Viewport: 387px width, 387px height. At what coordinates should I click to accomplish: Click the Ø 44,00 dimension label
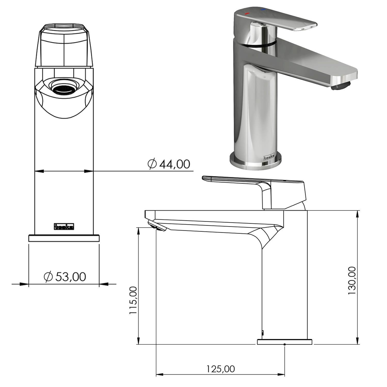click(169, 164)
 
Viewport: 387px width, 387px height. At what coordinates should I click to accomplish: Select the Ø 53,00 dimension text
click(65, 277)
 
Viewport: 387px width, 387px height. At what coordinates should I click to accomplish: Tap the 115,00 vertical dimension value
click(133, 300)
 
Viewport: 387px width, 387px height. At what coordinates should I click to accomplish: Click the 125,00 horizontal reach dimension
click(221, 369)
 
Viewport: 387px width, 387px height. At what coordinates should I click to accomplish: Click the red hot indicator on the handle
click(247, 13)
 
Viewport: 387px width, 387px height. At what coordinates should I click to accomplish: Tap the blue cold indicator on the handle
click(263, 10)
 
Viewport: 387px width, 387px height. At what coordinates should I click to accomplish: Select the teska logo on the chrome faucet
click(269, 158)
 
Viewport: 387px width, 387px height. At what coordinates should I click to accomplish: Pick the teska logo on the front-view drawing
click(64, 226)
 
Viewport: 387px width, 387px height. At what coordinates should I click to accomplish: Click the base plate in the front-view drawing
click(64, 238)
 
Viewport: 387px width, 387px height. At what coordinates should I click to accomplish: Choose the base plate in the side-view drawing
click(285, 342)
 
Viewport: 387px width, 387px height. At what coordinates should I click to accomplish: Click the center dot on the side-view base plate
click(285, 344)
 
